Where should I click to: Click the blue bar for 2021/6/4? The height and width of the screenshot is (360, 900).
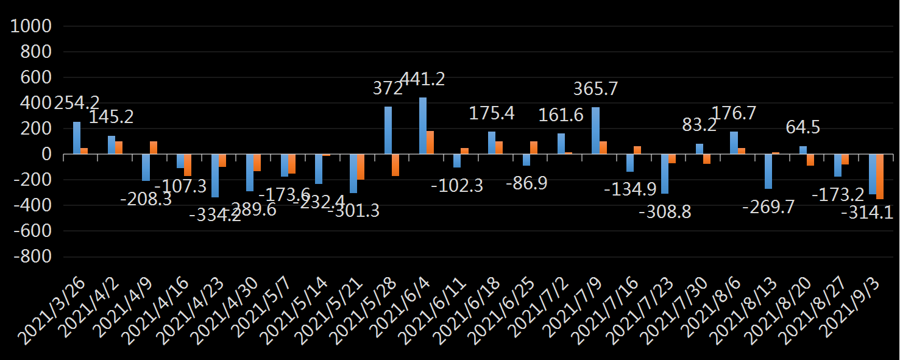pos(422,125)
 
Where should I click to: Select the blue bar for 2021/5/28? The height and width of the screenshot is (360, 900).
pos(388,130)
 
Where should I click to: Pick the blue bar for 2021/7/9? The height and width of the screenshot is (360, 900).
pos(595,130)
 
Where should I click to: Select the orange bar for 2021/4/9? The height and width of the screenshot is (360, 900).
pos(154,147)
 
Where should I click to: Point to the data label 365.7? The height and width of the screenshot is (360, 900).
pos(595,89)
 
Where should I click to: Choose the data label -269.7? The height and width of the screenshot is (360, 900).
pos(768,207)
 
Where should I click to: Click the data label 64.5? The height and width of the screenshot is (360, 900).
pos(803,128)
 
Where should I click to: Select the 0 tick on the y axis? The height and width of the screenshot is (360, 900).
pos(44,155)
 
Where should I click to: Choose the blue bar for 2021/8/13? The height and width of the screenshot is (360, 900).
pos(768,172)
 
